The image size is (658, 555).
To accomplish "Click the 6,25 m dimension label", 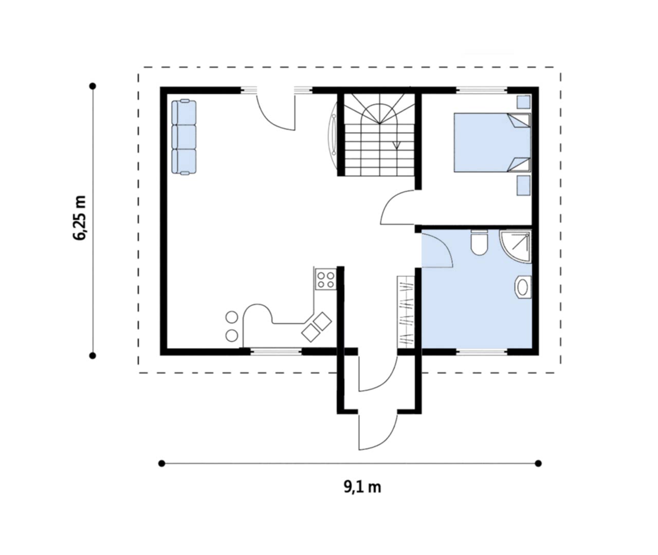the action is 79,218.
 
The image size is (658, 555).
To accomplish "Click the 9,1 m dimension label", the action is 362,487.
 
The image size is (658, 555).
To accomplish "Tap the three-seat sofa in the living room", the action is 184,137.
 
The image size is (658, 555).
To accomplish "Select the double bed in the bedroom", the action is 492,142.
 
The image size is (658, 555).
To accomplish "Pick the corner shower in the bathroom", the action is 516,246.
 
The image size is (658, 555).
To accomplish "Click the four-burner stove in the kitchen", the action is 326,280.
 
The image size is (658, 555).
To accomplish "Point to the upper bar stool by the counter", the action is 232,317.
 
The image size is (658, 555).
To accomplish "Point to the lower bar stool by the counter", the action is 232,336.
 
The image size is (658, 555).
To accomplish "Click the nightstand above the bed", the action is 523,102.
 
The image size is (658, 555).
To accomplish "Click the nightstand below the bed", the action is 523,186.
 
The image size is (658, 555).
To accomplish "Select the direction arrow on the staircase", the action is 396,145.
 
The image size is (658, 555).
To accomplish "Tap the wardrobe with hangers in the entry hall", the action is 406,312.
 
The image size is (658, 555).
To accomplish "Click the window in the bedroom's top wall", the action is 482,90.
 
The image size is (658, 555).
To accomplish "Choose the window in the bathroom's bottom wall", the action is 482,352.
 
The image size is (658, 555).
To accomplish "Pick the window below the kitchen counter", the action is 277,351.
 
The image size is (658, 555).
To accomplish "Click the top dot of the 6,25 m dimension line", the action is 93,86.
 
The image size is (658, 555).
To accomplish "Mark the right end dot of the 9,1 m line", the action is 538,464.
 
